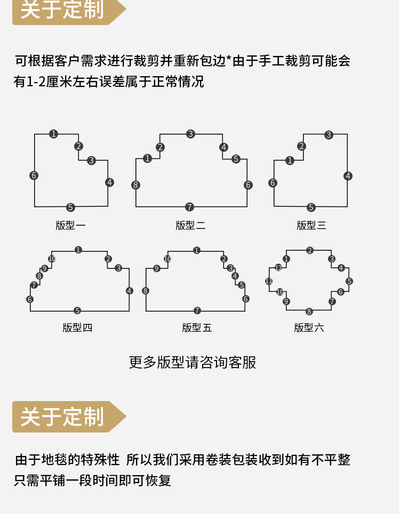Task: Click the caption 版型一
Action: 70,225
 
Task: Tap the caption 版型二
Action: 190,225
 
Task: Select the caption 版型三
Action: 311,225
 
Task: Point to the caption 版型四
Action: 77,328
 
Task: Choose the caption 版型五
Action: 197,328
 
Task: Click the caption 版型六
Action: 309,328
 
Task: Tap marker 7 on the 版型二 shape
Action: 189,207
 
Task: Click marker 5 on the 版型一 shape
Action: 70,207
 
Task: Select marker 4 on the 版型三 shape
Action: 348,176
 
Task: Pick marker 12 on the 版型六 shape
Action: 278,268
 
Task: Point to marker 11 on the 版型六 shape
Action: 269,281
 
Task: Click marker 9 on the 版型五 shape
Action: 157,268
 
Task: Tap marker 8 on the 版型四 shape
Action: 39,276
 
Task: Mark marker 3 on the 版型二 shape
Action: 190,134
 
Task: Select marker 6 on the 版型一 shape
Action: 34,175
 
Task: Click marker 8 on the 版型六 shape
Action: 309,312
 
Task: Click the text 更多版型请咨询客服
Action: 193,362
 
